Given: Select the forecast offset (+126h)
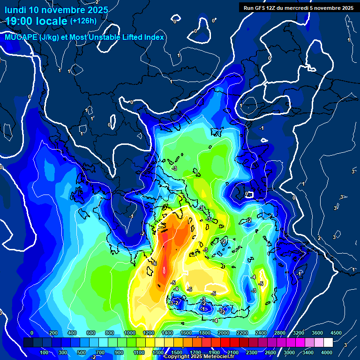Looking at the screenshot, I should [83, 21].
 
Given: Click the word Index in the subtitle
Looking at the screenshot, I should [153, 37].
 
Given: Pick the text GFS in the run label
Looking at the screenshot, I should [260, 7].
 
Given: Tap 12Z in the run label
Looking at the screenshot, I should [272, 7].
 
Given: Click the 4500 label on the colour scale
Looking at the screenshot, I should [336, 333].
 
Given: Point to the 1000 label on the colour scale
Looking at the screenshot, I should [130, 333].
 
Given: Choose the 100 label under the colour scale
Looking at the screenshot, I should [45, 352].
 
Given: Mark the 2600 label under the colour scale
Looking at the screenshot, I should [270, 352].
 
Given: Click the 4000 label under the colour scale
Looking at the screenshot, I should [326, 352].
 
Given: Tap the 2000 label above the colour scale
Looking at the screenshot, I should [224, 333].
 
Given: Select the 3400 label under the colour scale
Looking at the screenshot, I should [307, 352].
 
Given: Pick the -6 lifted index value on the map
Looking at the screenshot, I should [154, 263].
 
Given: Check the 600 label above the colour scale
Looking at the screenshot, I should [90, 333].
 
